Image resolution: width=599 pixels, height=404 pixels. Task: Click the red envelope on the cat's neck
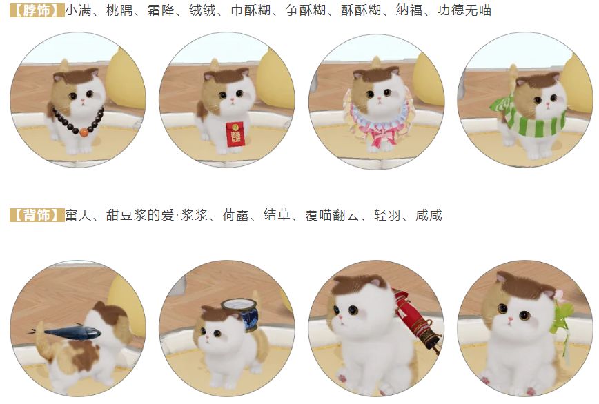coord(233,134)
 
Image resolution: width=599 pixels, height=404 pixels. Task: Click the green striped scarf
coord(529,115)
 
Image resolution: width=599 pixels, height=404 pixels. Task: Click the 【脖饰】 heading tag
coord(37,10)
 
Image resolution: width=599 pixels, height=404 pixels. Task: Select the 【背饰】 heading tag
coord(37,215)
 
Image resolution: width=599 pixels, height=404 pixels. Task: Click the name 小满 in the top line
coord(78,10)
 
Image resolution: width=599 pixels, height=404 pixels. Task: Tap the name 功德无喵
coord(464,10)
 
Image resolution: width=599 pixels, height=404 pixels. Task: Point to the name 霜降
coord(161,10)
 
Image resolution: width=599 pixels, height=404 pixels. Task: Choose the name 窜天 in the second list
coord(78,215)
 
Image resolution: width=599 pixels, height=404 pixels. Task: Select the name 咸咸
coord(429,215)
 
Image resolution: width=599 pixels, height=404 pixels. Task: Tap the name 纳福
coord(409,10)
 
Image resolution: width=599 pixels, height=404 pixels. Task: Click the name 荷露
coord(236,215)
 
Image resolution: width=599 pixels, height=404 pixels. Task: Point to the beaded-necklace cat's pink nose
coord(83,101)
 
